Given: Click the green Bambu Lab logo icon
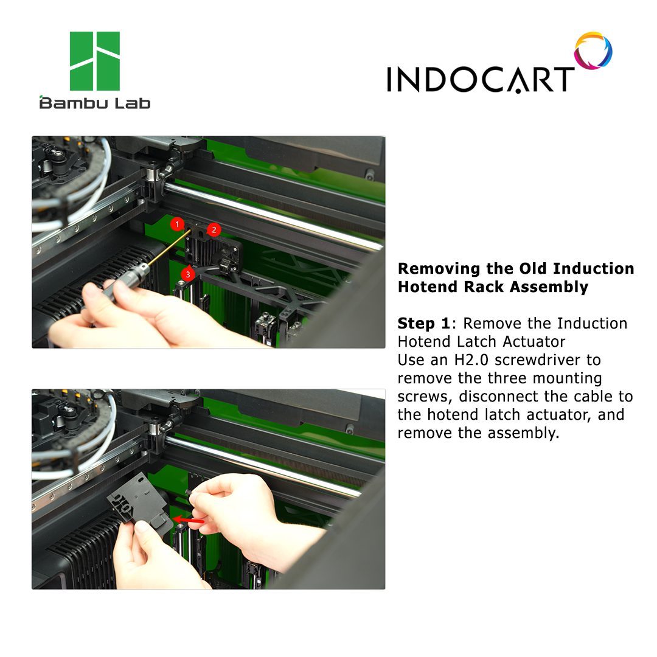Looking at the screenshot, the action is coord(95,61).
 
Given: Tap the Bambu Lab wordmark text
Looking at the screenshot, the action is coord(95,103).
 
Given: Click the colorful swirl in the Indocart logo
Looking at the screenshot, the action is coord(593,50).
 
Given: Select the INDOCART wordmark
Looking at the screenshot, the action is coord(480,78).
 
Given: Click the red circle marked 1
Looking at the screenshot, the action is coord(177,224).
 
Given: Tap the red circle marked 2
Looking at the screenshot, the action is coord(214,229).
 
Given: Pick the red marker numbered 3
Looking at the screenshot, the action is coord(188,274).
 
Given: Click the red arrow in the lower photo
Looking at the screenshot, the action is coord(189,520).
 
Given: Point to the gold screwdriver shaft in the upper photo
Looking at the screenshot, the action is coord(168,248).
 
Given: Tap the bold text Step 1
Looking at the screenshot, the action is coord(423,324).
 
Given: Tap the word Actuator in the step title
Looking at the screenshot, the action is coord(534,341).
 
